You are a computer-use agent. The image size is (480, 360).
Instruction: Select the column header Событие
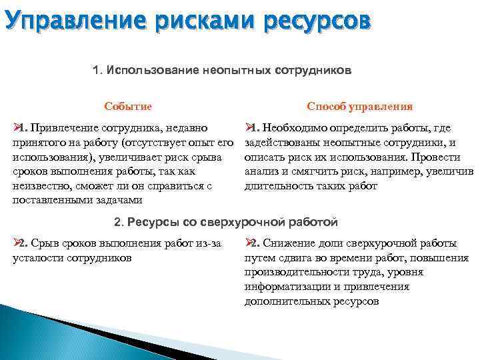(128, 107)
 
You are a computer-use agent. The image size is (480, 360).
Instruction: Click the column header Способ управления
(359, 107)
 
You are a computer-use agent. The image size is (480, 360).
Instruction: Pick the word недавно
(197, 127)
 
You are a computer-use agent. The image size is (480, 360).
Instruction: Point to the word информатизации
(283, 287)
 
